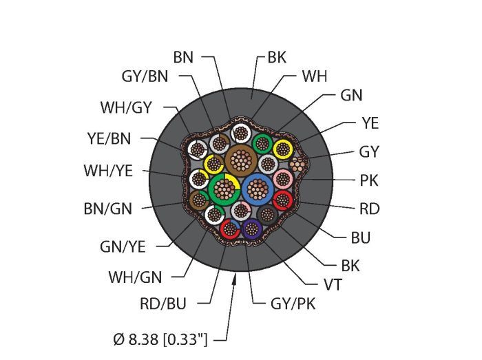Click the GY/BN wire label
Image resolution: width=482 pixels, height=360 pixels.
pos(145,77)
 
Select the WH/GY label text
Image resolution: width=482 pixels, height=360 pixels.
pos(126,107)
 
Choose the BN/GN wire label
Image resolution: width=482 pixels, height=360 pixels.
pos(107,208)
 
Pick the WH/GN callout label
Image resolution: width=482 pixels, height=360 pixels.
pos(135,277)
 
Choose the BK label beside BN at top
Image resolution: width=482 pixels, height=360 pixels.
pos(276,59)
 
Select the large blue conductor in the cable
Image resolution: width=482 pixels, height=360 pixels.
pos(257,189)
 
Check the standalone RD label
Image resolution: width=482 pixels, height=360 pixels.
pos(369,209)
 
